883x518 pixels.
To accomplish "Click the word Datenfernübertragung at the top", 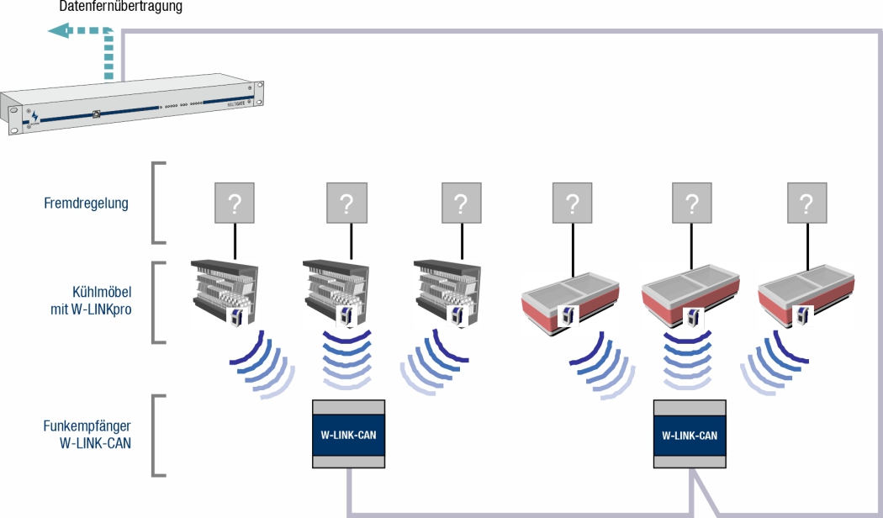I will pos(121,7).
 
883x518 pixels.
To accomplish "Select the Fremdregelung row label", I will pos(86,203).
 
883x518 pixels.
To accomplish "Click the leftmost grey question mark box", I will pos(233,203).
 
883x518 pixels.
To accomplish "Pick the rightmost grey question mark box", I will pos(806,203).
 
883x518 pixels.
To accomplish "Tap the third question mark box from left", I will pos(461,203).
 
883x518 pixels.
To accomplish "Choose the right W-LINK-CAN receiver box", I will pos(690,434).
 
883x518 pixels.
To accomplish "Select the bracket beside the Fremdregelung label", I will pos(157,203).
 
